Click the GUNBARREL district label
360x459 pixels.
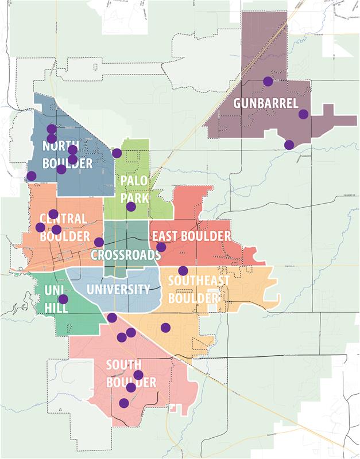(265, 104)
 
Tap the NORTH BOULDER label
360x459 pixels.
(67, 155)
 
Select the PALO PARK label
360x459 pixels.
(134, 189)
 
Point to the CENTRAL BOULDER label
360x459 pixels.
(64, 227)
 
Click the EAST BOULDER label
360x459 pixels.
(191, 236)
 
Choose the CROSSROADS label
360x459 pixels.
(126, 254)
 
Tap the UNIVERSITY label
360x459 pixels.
(118, 289)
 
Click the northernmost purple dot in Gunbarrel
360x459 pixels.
(268, 81)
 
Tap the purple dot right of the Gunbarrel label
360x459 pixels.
(303, 114)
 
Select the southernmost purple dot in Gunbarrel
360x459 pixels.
(289, 145)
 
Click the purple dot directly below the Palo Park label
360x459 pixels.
(131, 207)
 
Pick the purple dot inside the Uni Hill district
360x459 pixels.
(63, 299)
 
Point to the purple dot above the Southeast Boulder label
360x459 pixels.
(183, 270)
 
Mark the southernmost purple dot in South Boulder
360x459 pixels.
(123, 403)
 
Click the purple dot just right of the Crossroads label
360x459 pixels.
(161, 247)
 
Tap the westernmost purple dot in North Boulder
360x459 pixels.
(32, 176)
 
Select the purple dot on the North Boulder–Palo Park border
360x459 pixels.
(117, 153)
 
